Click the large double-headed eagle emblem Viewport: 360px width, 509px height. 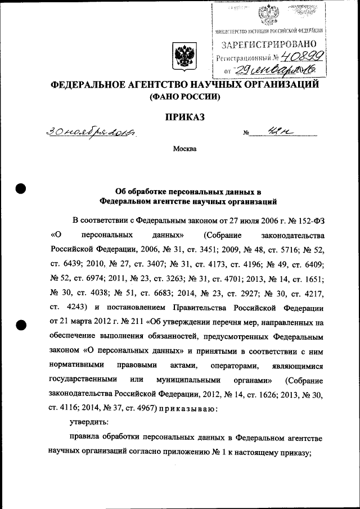[183, 57]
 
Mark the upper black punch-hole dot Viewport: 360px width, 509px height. [21, 189]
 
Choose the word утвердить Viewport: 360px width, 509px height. [89, 422]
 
